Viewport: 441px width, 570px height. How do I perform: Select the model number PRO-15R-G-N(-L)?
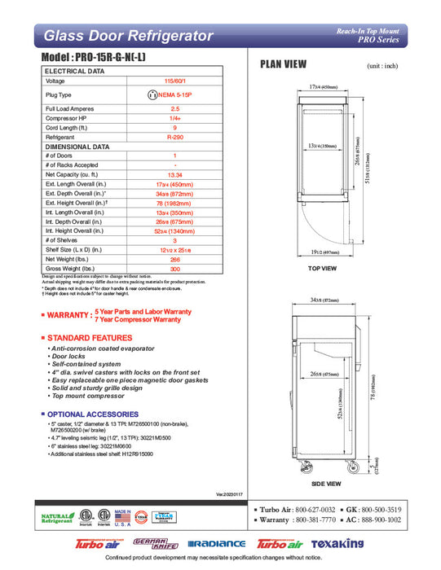pos(115,59)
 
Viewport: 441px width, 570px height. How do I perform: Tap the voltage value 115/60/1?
pos(174,81)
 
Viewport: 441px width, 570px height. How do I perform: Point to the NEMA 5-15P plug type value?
pos(174,94)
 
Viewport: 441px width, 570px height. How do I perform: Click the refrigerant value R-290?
pos(174,138)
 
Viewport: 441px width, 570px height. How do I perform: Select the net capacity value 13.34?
pos(174,174)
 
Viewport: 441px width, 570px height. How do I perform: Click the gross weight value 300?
pos(174,268)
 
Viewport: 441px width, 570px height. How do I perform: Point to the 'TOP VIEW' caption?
pos(324,267)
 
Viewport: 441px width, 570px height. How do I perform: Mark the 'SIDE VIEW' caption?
pos(324,484)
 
